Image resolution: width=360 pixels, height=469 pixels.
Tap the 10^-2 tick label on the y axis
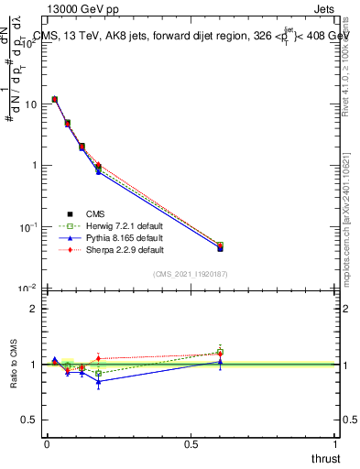[x=27, y=288]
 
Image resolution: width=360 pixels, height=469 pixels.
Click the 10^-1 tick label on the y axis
[x=27, y=226]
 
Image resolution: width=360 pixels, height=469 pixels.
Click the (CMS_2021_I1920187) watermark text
[x=191, y=274]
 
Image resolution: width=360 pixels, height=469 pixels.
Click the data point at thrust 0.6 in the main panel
[x=220, y=246]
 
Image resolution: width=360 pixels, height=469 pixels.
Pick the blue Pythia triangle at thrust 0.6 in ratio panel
[x=220, y=362]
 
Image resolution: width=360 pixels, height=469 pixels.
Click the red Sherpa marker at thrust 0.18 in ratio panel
[x=98, y=358]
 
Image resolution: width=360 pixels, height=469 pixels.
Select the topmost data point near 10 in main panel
[x=55, y=99]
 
